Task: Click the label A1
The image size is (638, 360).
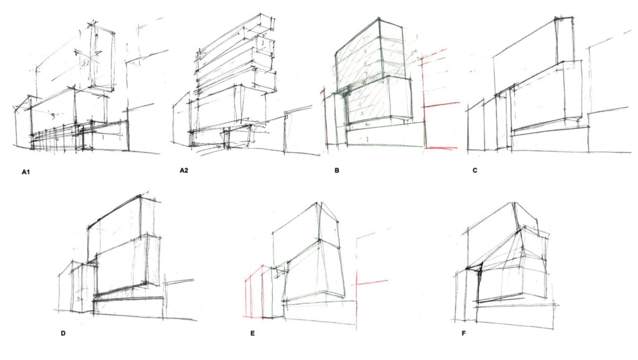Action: [x=26, y=173]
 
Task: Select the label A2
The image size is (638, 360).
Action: [x=184, y=171]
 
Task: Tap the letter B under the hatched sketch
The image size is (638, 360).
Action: [x=337, y=171]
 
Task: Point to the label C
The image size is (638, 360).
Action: [x=475, y=171]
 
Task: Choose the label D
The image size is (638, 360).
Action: [x=63, y=334]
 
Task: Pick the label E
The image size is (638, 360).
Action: [x=253, y=334]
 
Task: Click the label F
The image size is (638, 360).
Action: [x=464, y=334]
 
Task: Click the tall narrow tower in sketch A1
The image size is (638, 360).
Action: [x=102, y=56]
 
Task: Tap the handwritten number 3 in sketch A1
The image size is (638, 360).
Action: [x=52, y=116]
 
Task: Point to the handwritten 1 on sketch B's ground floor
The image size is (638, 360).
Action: [x=368, y=139]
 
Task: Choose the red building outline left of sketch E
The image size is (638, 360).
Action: [x=253, y=292]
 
